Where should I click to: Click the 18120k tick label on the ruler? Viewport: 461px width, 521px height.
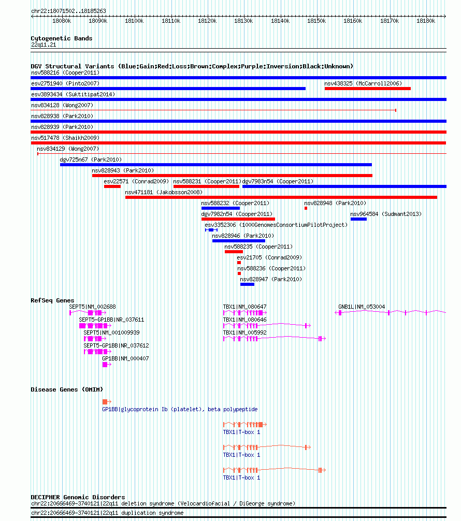pos(207,21)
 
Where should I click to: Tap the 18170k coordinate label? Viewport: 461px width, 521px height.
pos(389,21)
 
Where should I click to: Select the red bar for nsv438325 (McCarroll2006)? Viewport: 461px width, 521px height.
pos(368,89)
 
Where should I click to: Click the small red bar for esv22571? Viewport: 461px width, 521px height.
pos(112,186)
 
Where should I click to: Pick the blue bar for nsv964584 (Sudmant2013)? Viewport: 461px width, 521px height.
pos(358,219)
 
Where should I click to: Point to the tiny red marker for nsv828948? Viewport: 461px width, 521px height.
pos(306,208)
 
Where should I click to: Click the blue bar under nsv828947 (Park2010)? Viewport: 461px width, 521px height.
pos(247,284)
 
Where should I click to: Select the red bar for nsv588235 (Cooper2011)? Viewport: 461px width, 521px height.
pos(234,252)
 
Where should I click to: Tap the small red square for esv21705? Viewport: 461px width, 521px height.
pos(239,263)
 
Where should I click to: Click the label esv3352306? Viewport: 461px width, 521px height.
pos(220,225)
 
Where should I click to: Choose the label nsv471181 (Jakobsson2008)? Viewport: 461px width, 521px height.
pos(164,192)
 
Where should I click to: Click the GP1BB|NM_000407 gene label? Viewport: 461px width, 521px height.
pos(125,358)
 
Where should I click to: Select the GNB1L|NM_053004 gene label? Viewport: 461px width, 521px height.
pos(362,307)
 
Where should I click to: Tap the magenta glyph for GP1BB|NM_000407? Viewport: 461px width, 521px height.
pos(107,365)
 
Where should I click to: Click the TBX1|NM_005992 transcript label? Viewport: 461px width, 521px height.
pos(244,332)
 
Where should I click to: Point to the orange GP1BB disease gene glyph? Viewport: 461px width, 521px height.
pos(107,402)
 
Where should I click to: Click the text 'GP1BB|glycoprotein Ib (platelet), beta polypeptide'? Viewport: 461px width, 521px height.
pos(180,409)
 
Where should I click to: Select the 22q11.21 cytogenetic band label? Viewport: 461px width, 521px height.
pos(44,45)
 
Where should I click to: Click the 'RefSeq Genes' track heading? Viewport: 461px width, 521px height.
pos(52,300)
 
